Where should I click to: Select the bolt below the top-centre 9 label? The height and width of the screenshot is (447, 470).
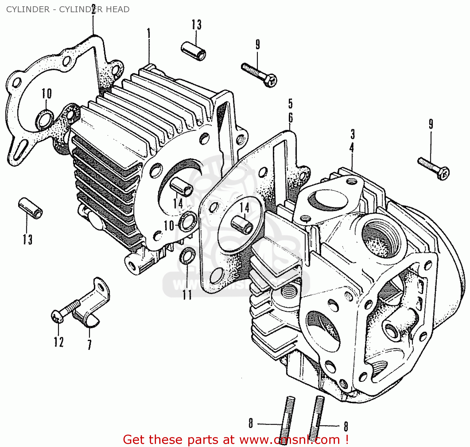[259, 74]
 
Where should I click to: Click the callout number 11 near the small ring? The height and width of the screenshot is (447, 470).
[187, 295]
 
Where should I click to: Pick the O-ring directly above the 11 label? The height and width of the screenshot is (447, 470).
[188, 255]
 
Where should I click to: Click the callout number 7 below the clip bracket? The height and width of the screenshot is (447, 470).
[90, 344]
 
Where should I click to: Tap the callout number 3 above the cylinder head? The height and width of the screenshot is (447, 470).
[352, 134]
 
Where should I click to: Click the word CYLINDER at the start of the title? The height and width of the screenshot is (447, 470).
[28, 9]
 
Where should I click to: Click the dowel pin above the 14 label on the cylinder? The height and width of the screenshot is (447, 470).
[181, 187]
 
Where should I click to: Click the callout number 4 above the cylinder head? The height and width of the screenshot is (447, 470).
[352, 148]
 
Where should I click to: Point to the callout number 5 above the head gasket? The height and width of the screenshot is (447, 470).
[290, 103]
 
